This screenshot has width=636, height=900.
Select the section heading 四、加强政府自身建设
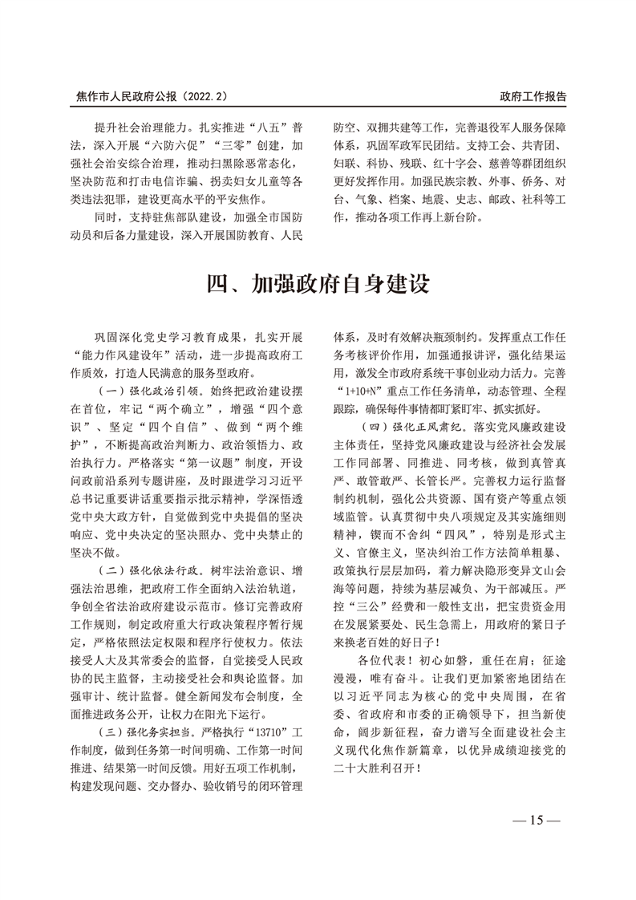coord(318,283)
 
